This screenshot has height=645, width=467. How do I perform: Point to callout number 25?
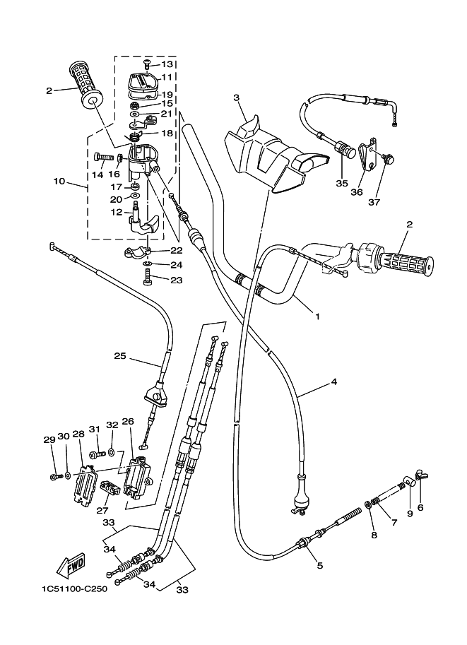pyautogui.click(x=119, y=357)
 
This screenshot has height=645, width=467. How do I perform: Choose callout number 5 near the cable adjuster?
pyautogui.click(x=319, y=565)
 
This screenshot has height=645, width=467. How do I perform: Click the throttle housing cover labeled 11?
pyautogui.click(x=143, y=82)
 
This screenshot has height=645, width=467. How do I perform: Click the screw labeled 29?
pyautogui.click(x=54, y=477)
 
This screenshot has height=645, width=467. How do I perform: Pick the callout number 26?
pyautogui.click(x=127, y=422)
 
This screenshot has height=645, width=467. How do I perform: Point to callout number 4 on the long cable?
pyautogui.click(x=333, y=383)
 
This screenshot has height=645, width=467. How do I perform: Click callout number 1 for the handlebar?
pyautogui.click(x=317, y=316)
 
